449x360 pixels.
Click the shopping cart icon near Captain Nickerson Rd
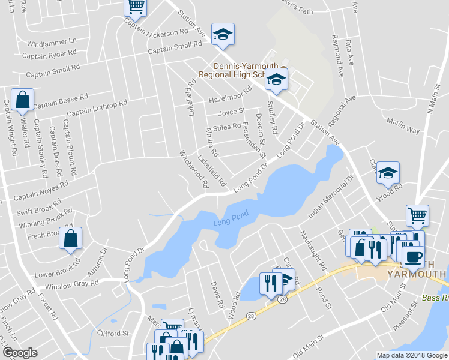coord(136,7)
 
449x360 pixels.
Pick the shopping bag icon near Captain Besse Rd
coord(22,100)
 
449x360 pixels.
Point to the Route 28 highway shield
coord(283,298)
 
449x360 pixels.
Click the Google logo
coord(20,353)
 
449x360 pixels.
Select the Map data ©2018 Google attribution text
coord(411,355)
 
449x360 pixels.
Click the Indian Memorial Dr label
coord(332,197)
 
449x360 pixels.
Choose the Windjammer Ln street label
coord(52,42)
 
